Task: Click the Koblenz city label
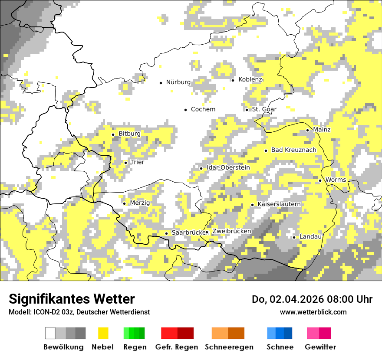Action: [x=250, y=79]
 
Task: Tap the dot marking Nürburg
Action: [x=161, y=82]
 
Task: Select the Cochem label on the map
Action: [x=203, y=109]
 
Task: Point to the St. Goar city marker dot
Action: [x=247, y=109]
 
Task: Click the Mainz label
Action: [x=322, y=130]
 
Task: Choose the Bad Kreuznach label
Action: [x=294, y=150]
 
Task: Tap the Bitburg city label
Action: [x=129, y=134]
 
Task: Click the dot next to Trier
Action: [x=125, y=163]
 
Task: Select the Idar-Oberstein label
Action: [x=228, y=168]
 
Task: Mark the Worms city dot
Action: [x=320, y=180]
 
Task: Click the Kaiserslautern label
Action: [x=279, y=204]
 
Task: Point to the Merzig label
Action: [x=140, y=203]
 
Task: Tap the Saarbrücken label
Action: [x=188, y=233]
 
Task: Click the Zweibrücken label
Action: [x=232, y=232]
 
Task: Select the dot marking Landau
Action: [x=294, y=237]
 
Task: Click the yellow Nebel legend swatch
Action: [x=103, y=333]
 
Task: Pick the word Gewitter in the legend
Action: [x=320, y=347]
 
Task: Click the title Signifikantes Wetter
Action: [x=72, y=299]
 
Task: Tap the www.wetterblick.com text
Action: [x=313, y=312]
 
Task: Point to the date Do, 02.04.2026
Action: [x=293, y=299]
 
